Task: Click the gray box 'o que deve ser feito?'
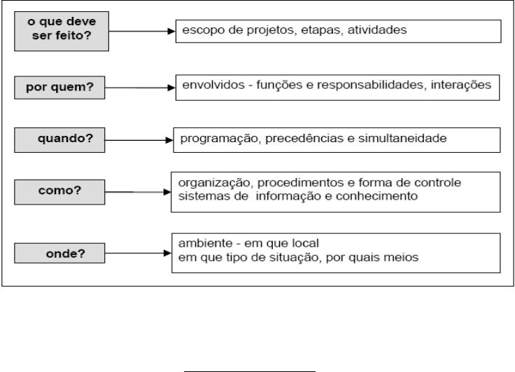tap(62, 32)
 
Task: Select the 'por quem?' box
tap(59, 88)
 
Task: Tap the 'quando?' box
tap(59, 140)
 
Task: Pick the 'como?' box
tap(59, 192)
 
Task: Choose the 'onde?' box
tap(59, 254)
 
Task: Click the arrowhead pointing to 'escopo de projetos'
tap(171, 32)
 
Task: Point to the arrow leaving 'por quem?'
tap(140, 88)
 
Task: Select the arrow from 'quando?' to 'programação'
tap(139, 140)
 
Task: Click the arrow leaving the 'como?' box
tap(138, 192)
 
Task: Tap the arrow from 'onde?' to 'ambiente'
tap(139, 254)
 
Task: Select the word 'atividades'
tap(377, 30)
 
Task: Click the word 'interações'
tap(461, 85)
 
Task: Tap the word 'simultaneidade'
tap(402, 138)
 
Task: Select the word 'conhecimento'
tap(376, 196)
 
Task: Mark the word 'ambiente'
tap(205, 243)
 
